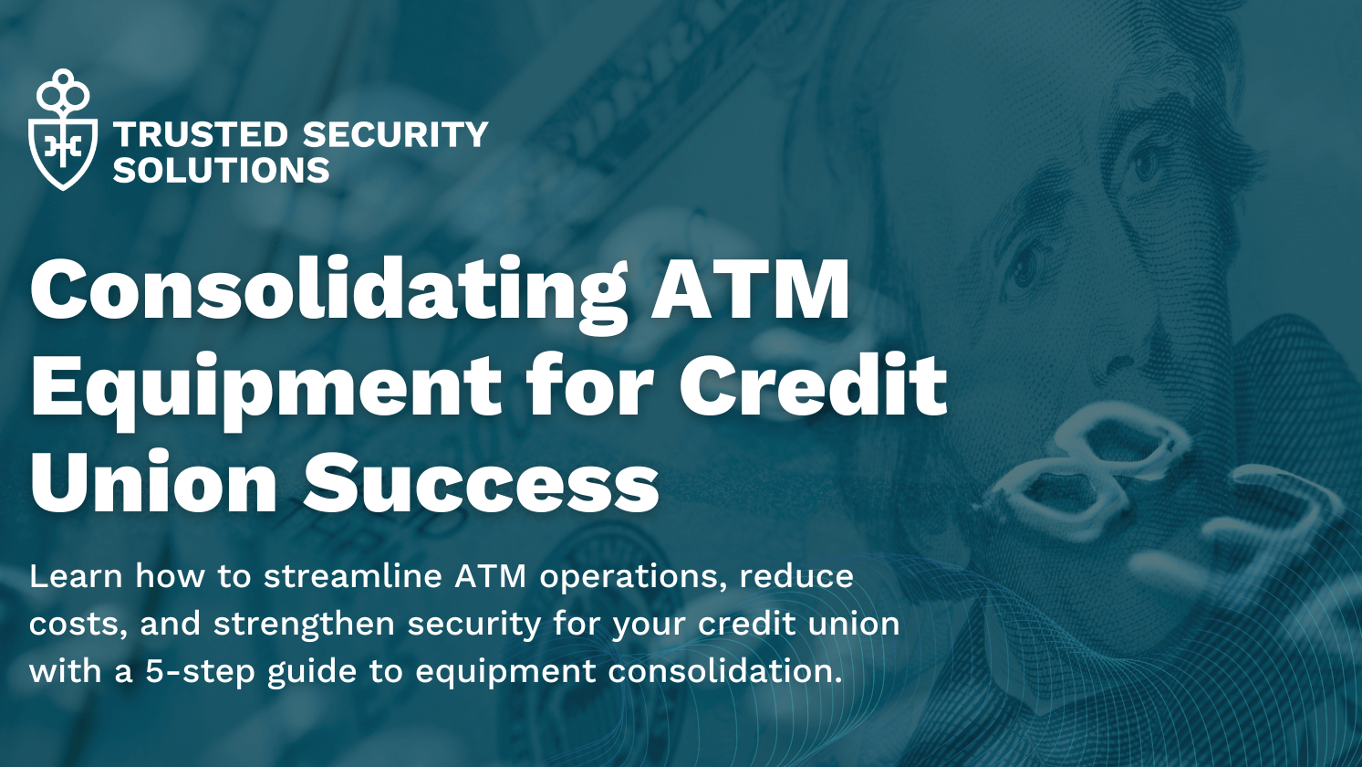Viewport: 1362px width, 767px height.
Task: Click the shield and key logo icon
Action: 63,131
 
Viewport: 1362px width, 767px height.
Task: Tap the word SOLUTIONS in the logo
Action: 221,171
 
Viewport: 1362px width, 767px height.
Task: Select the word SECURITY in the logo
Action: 395,135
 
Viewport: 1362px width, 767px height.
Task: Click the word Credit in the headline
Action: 813,383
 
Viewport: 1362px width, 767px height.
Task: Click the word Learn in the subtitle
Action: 76,576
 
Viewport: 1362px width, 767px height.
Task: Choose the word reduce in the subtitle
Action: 795,578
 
